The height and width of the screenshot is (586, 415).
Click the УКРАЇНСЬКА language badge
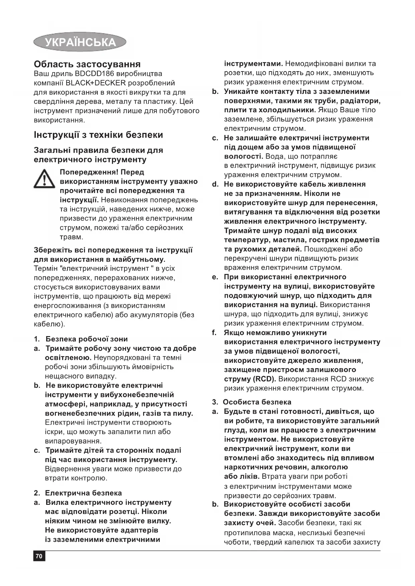80,42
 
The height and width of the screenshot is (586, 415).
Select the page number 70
39,556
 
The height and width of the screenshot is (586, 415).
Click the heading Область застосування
87,64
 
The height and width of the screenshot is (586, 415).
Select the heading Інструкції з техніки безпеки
98,135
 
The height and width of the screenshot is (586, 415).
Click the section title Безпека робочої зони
87,339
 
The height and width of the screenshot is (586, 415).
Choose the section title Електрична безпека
83,493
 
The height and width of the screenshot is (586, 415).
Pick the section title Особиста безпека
257,402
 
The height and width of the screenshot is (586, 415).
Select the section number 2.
37,493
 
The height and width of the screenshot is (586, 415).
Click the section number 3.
215,402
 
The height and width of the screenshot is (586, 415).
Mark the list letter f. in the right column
214,333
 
